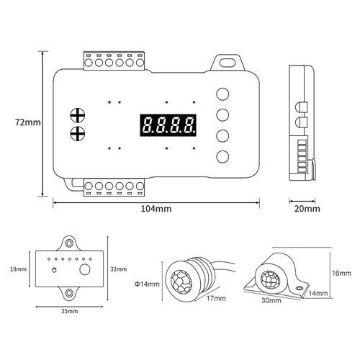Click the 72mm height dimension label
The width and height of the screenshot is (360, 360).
tap(28, 122)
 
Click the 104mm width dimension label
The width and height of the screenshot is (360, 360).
tap(156, 209)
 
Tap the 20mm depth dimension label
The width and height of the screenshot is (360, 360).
tap(307, 209)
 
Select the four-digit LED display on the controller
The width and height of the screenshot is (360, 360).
tap(168, 125)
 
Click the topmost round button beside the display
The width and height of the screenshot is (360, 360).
tap(222, 94)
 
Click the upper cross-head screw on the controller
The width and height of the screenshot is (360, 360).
tap(78, 116)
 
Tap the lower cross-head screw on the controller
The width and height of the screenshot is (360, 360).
tap(78, 133)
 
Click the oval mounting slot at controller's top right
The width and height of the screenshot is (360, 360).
tap(228, 63)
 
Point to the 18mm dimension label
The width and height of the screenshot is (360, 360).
tap(18, 269)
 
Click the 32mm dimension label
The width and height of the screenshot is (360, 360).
tap(118, 269)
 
